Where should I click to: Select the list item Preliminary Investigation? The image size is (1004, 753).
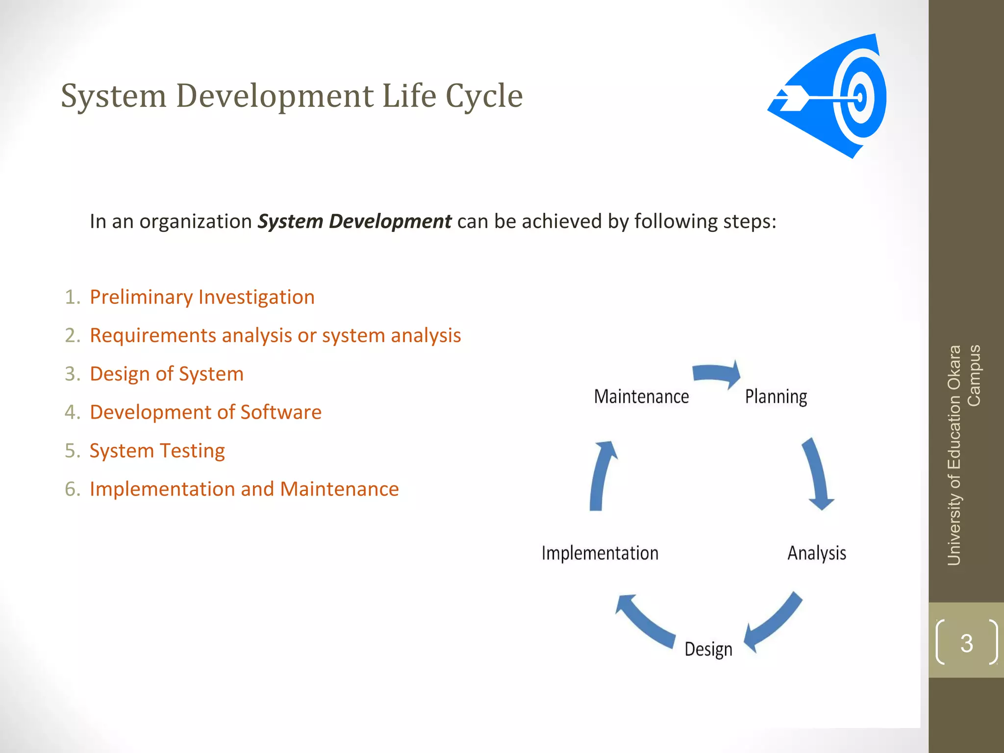coord(202,297)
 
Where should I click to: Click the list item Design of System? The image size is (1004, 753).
coord(167,374)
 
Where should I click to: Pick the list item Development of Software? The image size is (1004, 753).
coord(205,412)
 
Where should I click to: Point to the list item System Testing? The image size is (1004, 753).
coord(157,451)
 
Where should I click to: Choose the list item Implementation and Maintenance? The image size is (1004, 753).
coord(244,489)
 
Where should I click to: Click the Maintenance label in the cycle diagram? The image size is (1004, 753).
coord(641,396)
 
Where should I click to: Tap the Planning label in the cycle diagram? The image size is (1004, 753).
coord(776,396)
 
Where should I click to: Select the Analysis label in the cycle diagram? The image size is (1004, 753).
coord(817,553)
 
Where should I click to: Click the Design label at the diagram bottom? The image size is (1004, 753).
coord(708,649)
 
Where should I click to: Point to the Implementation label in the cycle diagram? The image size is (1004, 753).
coord(600,553)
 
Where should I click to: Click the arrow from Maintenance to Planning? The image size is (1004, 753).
coord(717,374)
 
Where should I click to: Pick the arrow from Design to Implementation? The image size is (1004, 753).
coord(645,620)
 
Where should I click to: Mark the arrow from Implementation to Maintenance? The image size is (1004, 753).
coord(601,476)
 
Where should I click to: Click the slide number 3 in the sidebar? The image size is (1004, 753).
coord(966,643)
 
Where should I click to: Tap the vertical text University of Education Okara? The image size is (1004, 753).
coord(954,456)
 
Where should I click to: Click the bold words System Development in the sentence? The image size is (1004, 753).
coord(354,222)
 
